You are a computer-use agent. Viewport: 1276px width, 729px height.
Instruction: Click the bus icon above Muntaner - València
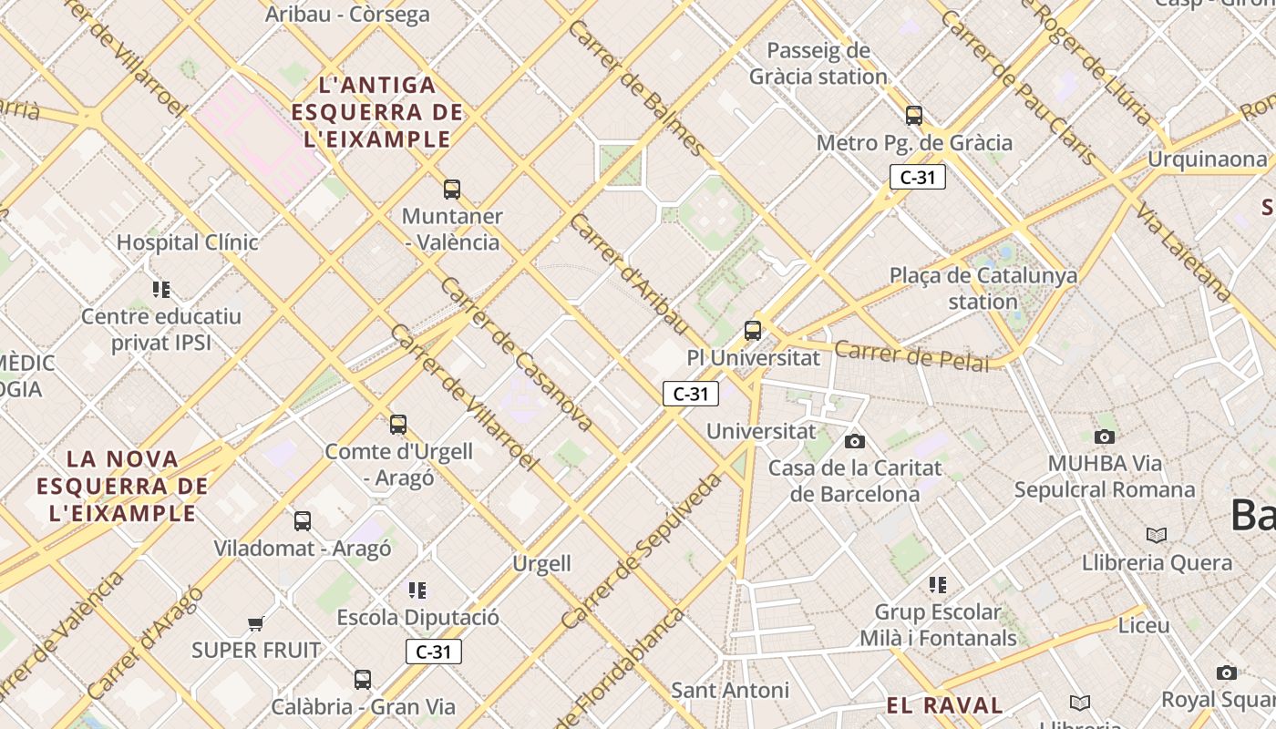click(452, 190)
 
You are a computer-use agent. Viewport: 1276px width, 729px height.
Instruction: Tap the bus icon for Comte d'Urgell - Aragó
click(398, 424)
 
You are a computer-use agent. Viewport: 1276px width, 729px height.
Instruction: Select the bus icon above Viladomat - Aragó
click(303, 521)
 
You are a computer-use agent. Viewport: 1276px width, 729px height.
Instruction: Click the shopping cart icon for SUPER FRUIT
click(255, 624)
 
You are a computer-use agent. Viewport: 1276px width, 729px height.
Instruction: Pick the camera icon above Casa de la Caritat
click(854, 441)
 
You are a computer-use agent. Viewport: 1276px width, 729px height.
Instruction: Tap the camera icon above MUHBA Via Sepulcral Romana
click(1105, 436)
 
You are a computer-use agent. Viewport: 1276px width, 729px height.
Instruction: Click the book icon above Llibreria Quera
click(1157, 535)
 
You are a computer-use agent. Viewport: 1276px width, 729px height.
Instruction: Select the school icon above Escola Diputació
click(417, 590)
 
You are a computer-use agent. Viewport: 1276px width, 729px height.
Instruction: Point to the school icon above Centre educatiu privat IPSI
click(161, 290)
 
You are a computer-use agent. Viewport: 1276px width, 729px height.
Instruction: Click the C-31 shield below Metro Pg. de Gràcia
click(917, 178)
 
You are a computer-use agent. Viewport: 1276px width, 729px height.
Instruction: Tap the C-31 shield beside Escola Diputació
click(434, 652)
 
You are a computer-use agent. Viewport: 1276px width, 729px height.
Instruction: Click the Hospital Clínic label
click(187, 242)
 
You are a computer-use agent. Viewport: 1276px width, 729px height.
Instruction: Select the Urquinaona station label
click(1207, 159)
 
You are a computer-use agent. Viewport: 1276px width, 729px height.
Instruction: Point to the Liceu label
click(1143, 626)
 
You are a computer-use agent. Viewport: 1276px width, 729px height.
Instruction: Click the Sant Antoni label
click(730, 690)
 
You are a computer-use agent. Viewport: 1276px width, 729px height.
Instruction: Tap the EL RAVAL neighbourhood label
click(944, 705)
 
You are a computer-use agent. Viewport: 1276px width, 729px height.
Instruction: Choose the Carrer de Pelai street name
click(911, 355)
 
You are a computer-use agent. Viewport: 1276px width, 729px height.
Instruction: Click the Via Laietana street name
click(1183, 252)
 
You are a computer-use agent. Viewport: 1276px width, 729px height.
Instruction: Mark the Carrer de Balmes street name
click(636, 87)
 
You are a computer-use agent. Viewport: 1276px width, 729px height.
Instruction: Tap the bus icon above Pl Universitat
click(753, 330)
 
